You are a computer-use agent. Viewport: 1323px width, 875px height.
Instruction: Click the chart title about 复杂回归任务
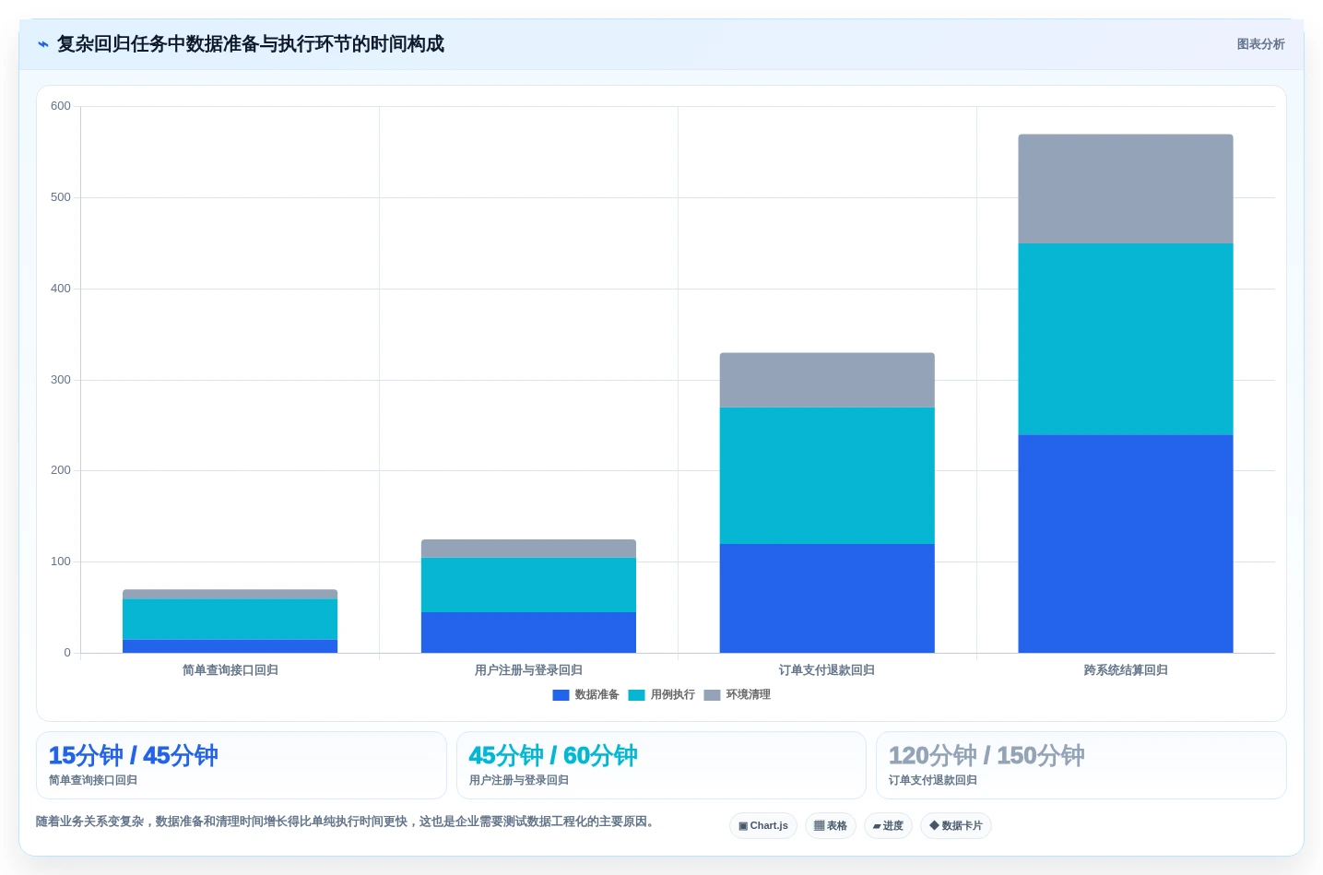point(250,44)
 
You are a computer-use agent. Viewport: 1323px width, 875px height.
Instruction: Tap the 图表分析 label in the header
point(1260,44)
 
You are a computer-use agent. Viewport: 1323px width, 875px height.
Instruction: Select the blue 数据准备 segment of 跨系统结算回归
point(1125,544)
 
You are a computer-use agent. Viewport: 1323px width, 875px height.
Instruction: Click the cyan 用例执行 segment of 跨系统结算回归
point(1125,339)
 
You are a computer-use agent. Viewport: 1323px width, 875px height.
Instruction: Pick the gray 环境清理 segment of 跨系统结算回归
point(1125,189)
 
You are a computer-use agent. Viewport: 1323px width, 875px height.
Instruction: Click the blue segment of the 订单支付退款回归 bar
point(827,597)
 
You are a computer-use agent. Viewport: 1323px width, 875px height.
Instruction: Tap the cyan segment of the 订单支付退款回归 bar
point(827,476)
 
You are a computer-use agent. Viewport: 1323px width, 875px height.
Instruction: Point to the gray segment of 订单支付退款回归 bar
point(827,380)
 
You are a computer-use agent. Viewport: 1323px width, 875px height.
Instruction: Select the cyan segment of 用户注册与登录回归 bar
point(528,585)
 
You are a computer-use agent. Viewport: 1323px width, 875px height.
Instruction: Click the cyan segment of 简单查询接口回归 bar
point(230,620)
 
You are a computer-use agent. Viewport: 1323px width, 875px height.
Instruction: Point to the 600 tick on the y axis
point(60,106)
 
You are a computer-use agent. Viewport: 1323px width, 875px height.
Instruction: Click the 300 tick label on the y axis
point(60,379)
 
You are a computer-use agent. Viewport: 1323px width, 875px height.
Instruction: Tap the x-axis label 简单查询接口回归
point(230,670)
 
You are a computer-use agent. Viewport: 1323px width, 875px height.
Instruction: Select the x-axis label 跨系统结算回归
point(1126,670)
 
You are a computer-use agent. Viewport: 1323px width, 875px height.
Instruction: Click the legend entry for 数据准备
point(586,695)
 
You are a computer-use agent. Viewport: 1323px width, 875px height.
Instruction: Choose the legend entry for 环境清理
point(738,695)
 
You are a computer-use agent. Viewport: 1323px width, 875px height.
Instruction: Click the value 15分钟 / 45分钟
point(134,755)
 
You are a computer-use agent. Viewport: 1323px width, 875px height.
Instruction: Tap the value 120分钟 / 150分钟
point(986,755)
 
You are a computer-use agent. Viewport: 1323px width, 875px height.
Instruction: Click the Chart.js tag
point(763,825)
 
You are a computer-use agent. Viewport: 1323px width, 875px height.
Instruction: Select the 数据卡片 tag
point(956,825)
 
